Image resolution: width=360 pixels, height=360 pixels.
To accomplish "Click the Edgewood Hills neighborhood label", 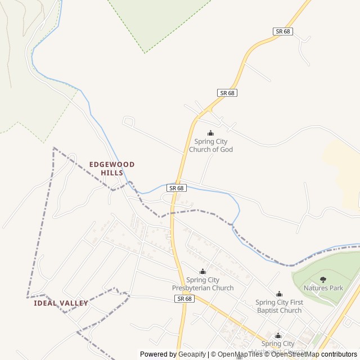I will pyautogui.click(x=112, y=168).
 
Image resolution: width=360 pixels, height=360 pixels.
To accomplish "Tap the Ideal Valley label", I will pyautogui.click(x=61, y=303).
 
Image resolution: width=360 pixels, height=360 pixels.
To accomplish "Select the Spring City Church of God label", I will pyautogui.click(x=211, y=146).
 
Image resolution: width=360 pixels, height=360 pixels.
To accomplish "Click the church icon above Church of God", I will pyautogui.click(x=211, y=133).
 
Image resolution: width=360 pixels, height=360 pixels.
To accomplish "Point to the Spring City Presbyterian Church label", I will pyautogui.click(x=202, y=284).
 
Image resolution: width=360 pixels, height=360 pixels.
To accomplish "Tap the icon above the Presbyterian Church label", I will pyautogui.click(x=202, y=272).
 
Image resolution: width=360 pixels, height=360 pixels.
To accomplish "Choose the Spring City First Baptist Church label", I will pyautogui.click(x=279, y=306).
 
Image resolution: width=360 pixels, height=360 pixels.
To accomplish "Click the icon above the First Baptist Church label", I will pyautogui.click(x=279, y=294).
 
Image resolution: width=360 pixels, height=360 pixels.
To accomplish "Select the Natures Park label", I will pyautogui.click(x=323, y=288).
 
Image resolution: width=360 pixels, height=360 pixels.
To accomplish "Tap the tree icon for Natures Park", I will pyautogui.click(x=323, y=280).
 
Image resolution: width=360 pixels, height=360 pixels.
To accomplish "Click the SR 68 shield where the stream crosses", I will pyautogui.click(x=176, y=188).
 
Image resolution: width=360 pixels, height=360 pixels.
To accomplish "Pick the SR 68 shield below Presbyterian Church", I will pyautogui.click(x=184, y=299).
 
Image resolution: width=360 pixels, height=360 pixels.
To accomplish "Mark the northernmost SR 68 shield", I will pyautogui.click(x=283, y=31).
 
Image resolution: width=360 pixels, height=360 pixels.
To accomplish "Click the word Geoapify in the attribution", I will pyautogui.click(x=192, y=354).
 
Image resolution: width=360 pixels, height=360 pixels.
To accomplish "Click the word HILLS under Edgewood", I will pyautogui.click(x=112, y=173).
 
